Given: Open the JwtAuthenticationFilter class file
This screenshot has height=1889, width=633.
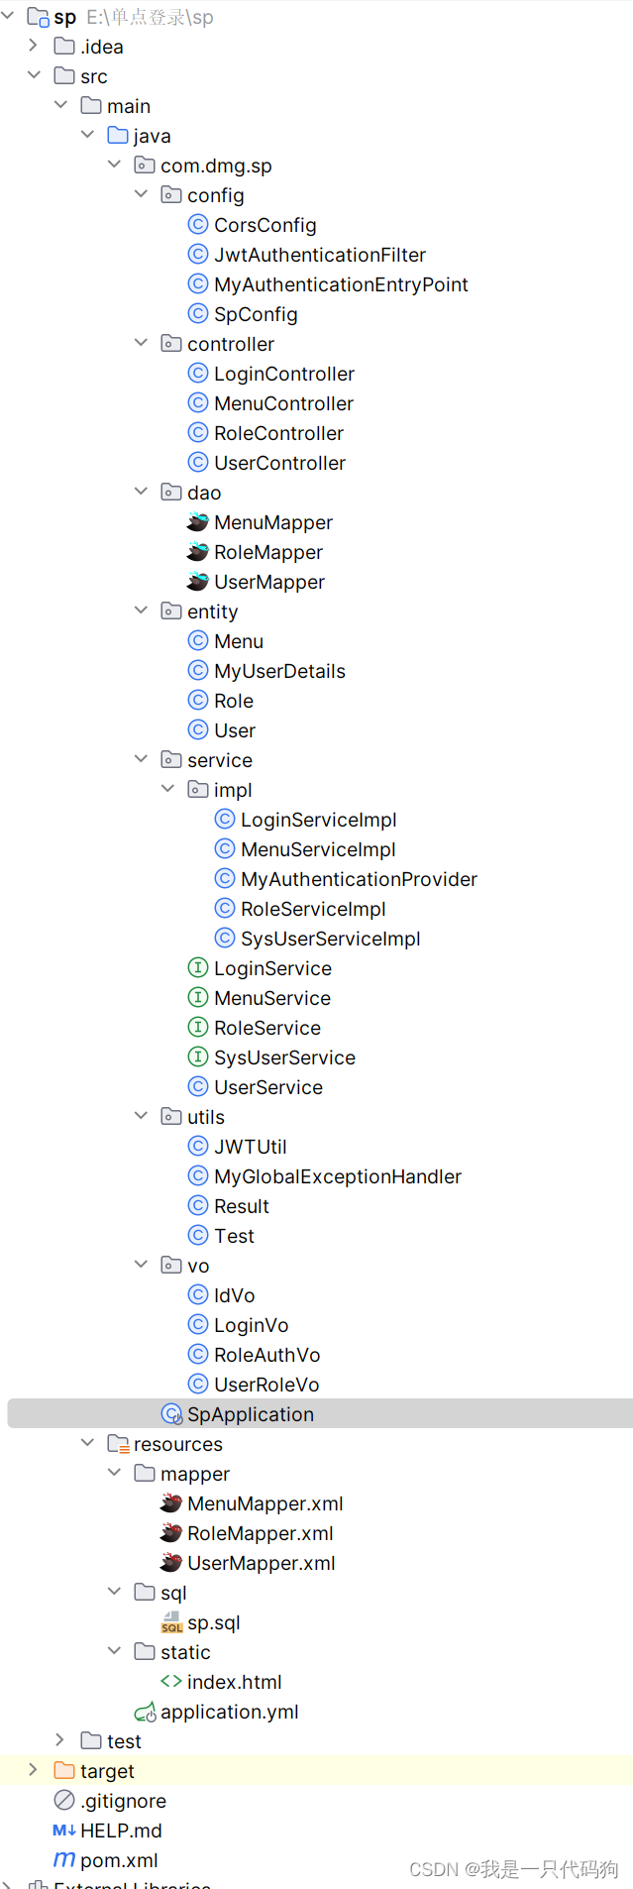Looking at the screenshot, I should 319,255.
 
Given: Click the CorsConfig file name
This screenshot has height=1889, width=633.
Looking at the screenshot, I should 264,225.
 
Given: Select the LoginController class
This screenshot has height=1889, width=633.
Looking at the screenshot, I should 283,374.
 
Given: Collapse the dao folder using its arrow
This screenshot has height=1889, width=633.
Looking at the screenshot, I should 141,492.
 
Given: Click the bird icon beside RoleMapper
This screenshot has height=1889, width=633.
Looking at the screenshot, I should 198,552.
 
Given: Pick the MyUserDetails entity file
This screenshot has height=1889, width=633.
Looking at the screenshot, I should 279,671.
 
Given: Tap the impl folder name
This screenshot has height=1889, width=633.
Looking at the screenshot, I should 233,790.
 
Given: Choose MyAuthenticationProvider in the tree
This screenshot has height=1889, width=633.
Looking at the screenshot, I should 359,879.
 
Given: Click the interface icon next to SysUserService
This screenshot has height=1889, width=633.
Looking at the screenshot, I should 198,1057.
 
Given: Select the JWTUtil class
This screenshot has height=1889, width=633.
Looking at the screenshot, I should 250,1147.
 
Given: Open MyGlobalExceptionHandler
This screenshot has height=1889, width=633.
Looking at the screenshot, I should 337,1176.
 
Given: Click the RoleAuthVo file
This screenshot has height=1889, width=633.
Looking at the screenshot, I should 266,1355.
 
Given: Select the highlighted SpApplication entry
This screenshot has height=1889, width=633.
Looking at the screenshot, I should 250,1414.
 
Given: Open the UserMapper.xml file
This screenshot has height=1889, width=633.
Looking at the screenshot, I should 261,1563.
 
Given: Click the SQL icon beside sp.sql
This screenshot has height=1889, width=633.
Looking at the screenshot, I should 171,1622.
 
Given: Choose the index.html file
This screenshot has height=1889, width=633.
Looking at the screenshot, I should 234,1682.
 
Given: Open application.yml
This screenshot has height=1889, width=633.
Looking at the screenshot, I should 229,1712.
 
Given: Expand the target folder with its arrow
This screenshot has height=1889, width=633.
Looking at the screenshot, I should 33,1770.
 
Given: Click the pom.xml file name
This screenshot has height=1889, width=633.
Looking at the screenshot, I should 119,1860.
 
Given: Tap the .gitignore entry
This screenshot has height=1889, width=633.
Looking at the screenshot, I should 123,1801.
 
